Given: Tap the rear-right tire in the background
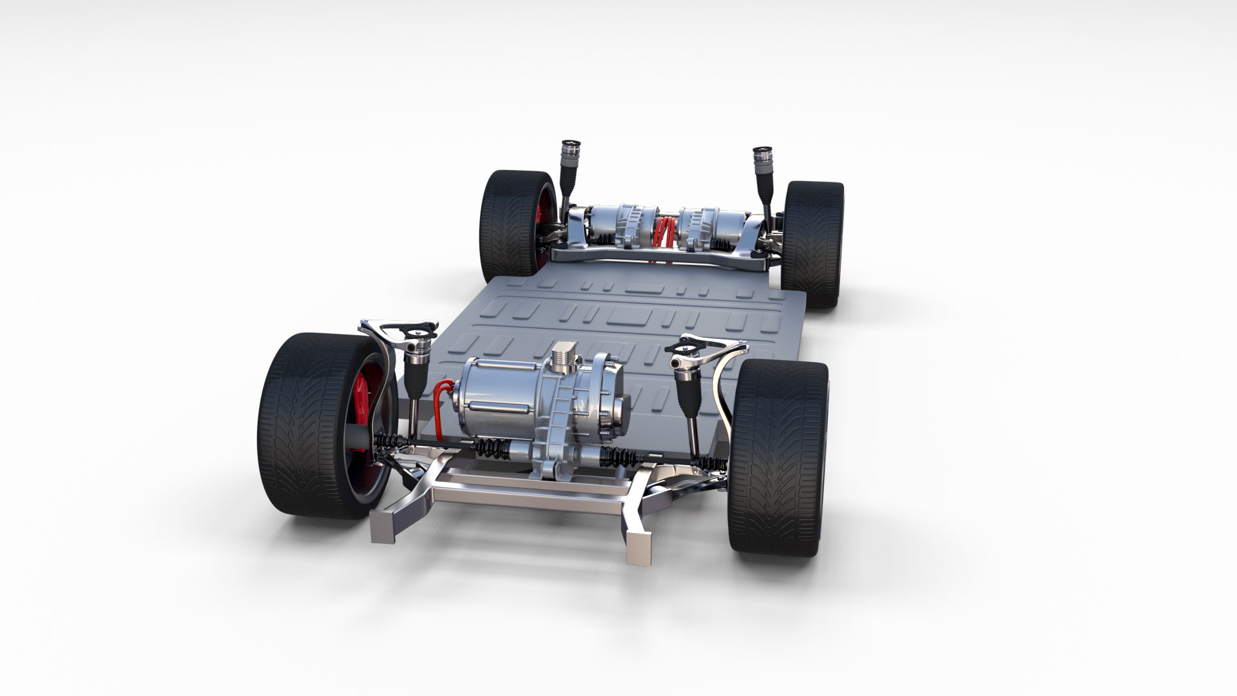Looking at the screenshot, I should (813, 244).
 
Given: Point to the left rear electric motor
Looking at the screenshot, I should (618, 226).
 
